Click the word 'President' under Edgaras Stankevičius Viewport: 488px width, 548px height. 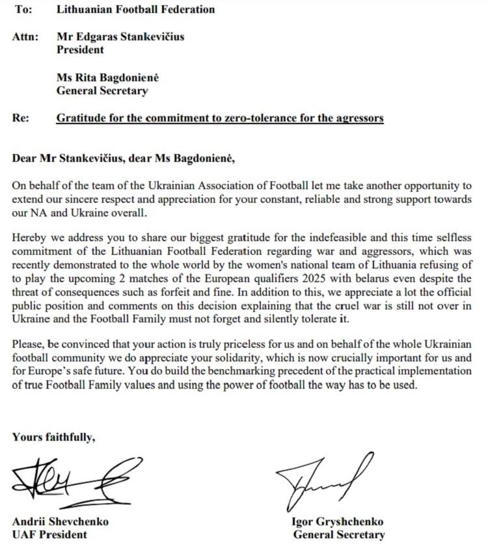(x=80, y=49)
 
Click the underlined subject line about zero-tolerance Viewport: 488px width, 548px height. (x=220, y=118)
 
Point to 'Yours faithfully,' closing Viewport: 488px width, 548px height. (x=53, y=437)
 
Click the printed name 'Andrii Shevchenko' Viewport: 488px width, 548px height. (x=60, y=521)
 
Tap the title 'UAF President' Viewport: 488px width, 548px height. (x=49, y=534)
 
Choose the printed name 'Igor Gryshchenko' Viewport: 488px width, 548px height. (x=338, y=522)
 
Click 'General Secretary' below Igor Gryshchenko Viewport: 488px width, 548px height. (x=338, y=535)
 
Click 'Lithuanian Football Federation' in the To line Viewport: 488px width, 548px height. (x=135, y=9)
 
